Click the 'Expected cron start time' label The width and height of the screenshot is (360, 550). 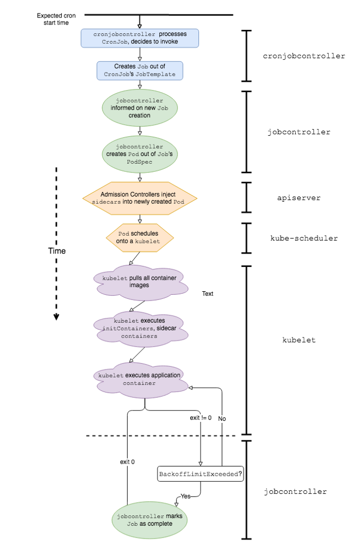coord(56,20)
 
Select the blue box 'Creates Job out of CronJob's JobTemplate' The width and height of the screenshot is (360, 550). coord(140,70)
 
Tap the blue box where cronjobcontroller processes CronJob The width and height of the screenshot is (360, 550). coord(140,38)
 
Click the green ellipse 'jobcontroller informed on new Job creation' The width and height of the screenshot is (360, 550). coord(140,108)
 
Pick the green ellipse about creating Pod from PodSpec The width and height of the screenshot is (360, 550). coord(140,154)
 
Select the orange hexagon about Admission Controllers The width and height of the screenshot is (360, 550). coord(140,198)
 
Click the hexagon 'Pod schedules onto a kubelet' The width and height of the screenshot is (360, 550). coord(140,237)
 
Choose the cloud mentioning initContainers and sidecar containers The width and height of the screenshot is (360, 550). coord(139,328)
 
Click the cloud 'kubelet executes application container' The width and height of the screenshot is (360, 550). coord(139,379)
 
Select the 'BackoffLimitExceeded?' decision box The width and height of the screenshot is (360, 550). coord(200,474)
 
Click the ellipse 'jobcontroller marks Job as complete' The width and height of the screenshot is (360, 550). coord(150,520)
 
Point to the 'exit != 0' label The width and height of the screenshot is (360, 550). coord(201,417)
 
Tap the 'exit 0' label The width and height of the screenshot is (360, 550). coord(127,462)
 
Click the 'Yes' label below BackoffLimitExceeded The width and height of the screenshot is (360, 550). coord(185,496)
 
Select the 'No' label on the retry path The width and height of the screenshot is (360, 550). coord(222,418)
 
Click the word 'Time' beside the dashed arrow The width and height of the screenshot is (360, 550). coord(57,251)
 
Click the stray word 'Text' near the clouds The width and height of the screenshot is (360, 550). coord(207,294)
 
